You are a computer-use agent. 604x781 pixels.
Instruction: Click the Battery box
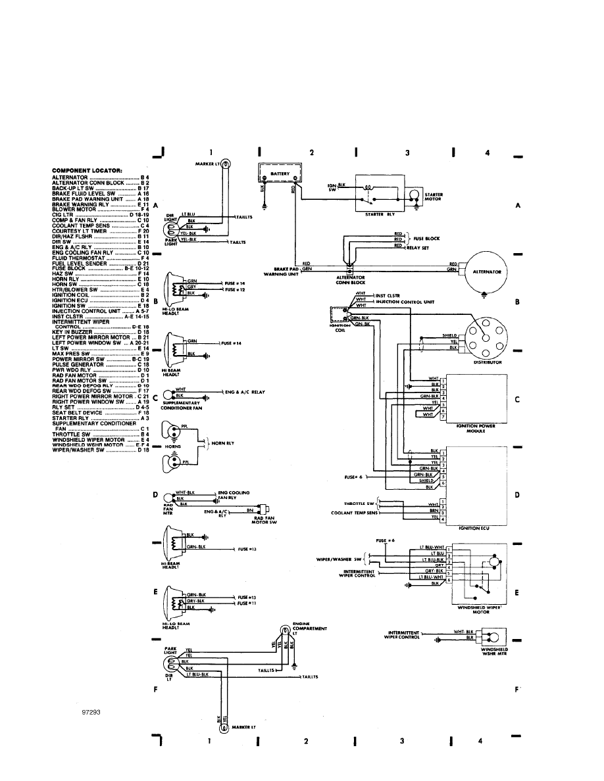(x=282, y=174)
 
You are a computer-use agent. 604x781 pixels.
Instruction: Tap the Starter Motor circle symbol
(x=414, y=195)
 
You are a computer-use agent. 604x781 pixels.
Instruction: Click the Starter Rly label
(x=378, y=214)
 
